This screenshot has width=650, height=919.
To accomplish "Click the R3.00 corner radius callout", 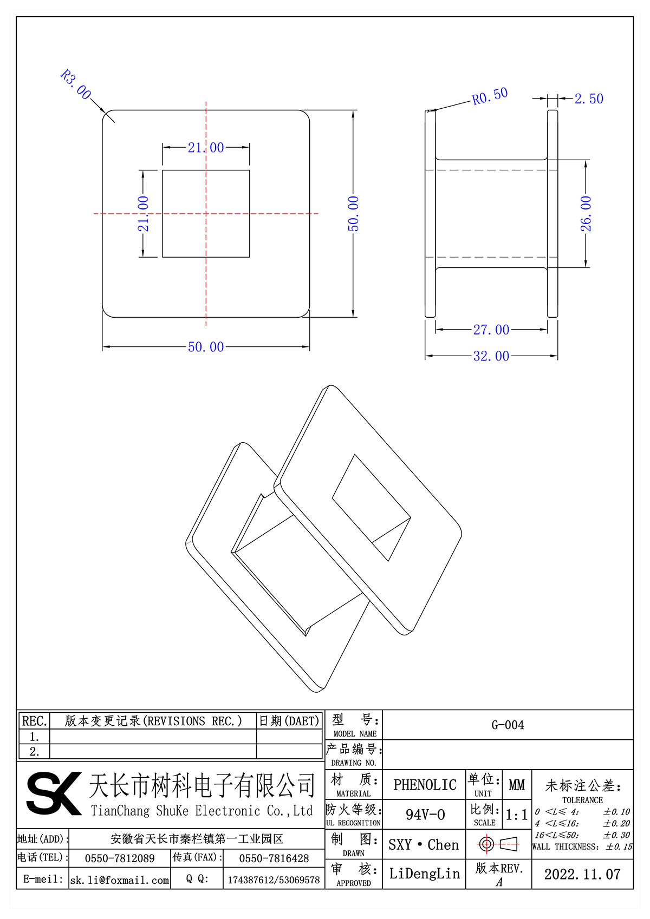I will click(x=76, y=84).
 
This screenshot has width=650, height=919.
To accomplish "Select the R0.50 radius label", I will click(x=490, y=96).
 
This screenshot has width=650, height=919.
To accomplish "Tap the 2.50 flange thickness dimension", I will click(x=589, y=99).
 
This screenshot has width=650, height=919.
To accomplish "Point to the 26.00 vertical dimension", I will click(x=586, y=214).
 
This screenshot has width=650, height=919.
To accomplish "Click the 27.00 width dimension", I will click(x=491, y=330).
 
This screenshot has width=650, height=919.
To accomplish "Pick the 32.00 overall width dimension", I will click(x=491, y=356).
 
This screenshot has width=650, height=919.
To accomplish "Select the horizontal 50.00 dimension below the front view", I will click(x=206, y=347).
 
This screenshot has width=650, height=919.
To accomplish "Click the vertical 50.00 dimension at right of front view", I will click(x=353, y=214).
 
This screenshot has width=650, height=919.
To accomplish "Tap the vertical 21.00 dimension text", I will click(x=143, y=214).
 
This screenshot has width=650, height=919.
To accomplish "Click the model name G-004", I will click(x=508, y=725).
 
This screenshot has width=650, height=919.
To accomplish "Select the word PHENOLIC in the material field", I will click(x=425, y=785).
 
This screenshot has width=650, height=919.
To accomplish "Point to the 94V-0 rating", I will click(x=425, y=815).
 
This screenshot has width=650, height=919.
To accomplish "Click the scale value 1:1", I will click(x=516, y=815).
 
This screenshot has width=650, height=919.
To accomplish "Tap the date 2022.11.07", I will click(x=582, y=875).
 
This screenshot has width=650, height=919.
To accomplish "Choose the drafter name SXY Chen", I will click(x=424, y=845).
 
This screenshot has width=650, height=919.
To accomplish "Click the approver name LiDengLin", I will click(x=424, y=874).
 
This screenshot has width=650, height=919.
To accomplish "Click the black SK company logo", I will click(x=53, y=793).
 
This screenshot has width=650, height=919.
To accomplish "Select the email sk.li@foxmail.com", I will click(x=120, y=880).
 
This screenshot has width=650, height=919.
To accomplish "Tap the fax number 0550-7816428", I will click(x=274, y=858).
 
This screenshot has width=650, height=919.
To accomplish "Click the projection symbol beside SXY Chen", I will click(x=498, y=844).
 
